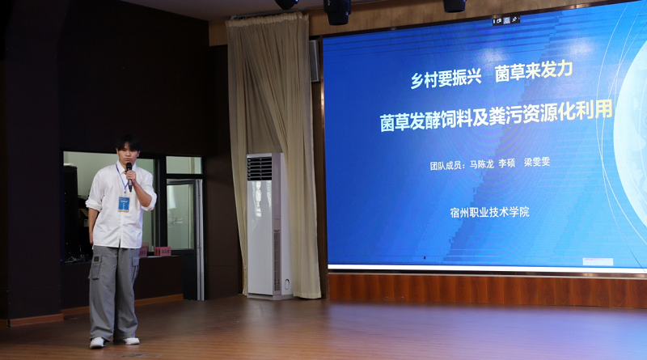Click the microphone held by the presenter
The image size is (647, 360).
[129, 176]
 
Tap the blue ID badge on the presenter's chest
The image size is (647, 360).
[124, 204]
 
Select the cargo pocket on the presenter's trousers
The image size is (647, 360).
[95, 267]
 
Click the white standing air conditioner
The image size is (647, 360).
[269, 225]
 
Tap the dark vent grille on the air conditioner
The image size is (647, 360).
[260, 168]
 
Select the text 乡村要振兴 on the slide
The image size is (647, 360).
[446, 78]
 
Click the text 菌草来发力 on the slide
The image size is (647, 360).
[534, 71]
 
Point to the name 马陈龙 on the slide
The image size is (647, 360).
[481, 164]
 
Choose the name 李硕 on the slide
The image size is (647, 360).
[507, 163]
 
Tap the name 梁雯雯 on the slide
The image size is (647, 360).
[537, 162]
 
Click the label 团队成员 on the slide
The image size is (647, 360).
[446, 166]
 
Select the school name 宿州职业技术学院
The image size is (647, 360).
[490, 213]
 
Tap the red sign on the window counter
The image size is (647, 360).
[163, 252]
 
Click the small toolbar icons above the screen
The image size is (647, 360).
[506, 19]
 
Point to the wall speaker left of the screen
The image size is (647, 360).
[315, 61]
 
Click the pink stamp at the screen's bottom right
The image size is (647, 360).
[598, 261]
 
